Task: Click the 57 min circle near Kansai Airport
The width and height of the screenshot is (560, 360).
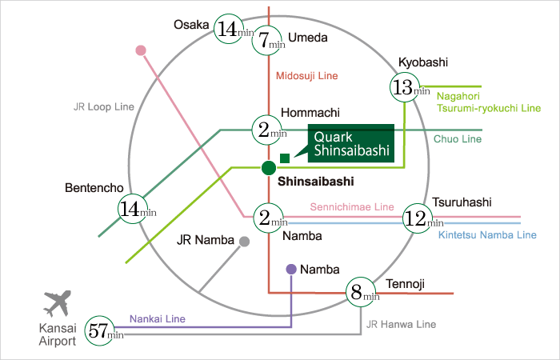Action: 103,330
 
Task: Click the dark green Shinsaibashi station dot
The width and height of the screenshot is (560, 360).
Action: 269,167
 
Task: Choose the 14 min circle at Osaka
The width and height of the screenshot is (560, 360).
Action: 231,31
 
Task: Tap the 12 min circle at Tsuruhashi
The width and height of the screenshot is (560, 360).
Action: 422,217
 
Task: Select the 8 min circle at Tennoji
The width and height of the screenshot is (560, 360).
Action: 362,292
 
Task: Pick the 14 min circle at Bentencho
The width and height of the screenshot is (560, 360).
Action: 134,210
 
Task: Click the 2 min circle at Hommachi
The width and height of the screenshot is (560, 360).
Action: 269,129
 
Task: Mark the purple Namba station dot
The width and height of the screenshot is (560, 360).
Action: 291,270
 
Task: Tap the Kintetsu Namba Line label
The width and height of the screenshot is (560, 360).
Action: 487,235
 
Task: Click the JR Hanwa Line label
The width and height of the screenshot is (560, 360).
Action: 401,324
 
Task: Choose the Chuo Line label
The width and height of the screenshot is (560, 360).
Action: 458,139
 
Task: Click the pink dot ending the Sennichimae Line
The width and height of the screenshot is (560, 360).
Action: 142,50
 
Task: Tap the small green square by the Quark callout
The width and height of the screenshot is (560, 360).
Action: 284,157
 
